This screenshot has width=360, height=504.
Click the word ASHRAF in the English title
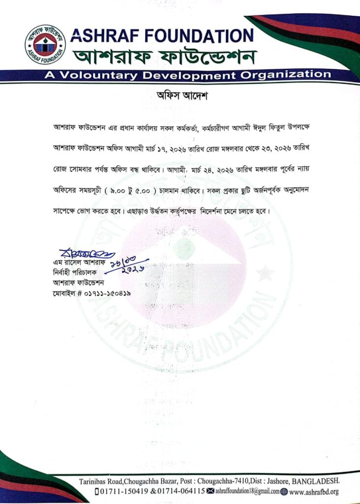pyautogui.click(x=101, y=35)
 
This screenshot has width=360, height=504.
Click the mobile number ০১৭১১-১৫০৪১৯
pyautogui.click(x=105, y=293)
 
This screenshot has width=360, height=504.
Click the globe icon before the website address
pyautogui.click(x=284, y=491)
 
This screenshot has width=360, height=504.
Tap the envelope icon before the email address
pyautogui.click(x=210, y=491)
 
